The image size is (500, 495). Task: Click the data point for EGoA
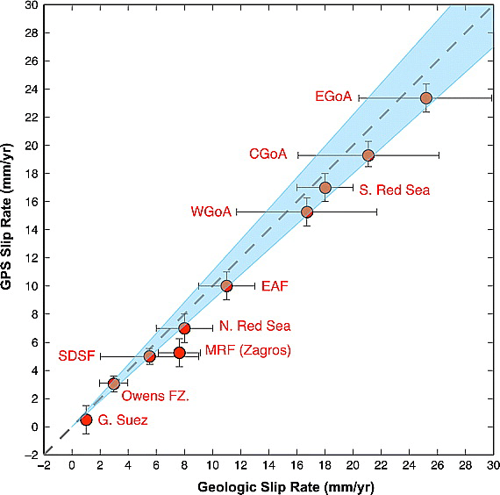pyautogui.click(x=426, y=97)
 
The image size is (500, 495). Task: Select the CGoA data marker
pyautogui.click(x=368, y=155)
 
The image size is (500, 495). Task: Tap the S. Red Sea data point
pyautogui.click(x=325, y=188)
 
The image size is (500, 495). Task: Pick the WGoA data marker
pyautogui.click(x=307, y=212)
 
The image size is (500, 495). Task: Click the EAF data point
pyautogui.click(x=226, y=285)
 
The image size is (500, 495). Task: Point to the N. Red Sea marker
pyautogui.click(x=184, y=328)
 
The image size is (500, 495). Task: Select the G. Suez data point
pyautogui.click(x=86, y=420)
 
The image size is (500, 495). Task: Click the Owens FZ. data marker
pyautogui.click(x=114, y=384)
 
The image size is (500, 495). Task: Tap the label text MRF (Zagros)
pyautogui.click(x=247, y=351)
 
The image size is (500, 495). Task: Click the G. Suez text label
pyautogui.click(x=122, y=421)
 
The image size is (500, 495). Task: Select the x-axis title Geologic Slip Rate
pyautogui.click(x=268, y=484)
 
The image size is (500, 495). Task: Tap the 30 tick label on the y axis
pyautogui.click(x=32, y=5)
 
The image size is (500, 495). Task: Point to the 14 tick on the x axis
pyautogui.click(x=268, y=465)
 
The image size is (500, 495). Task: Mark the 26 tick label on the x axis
pyautogui.click(x=437, y=465)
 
